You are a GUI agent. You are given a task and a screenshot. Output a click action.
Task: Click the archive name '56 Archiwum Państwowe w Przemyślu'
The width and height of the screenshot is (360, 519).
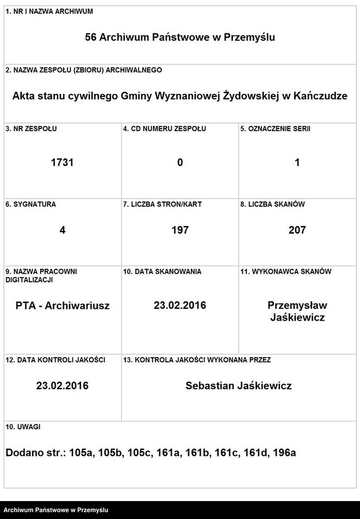point(180,37)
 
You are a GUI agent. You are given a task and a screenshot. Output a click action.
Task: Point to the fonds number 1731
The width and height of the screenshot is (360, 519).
point(62,162)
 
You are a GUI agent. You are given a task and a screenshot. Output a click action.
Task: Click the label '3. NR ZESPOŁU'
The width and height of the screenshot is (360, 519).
point(31,129)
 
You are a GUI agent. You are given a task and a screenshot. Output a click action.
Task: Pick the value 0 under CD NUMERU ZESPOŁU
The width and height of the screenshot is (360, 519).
point(180,162)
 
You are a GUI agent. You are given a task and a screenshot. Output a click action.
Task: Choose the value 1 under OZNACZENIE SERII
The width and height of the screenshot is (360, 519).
point(297,162)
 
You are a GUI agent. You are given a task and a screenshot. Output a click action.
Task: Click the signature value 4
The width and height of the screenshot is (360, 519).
point(62,230)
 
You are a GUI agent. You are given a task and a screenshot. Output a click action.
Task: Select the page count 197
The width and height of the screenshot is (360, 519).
point(180,230)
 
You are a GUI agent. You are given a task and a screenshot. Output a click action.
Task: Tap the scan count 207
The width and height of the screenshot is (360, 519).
point(297,230)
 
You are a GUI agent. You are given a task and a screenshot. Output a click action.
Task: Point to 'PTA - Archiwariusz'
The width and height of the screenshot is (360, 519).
point(62,305)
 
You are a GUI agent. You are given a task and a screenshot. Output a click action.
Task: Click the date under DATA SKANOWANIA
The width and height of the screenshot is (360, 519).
point(180,305)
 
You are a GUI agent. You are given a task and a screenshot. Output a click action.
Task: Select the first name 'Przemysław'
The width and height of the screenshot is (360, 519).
point(297,305)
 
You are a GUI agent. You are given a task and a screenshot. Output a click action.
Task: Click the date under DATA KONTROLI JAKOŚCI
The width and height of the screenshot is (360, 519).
point(62,386)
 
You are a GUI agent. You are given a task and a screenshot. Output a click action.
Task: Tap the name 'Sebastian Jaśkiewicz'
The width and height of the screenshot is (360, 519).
point(238,386)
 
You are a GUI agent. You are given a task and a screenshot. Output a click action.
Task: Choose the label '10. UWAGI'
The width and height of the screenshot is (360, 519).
point(23,426)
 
